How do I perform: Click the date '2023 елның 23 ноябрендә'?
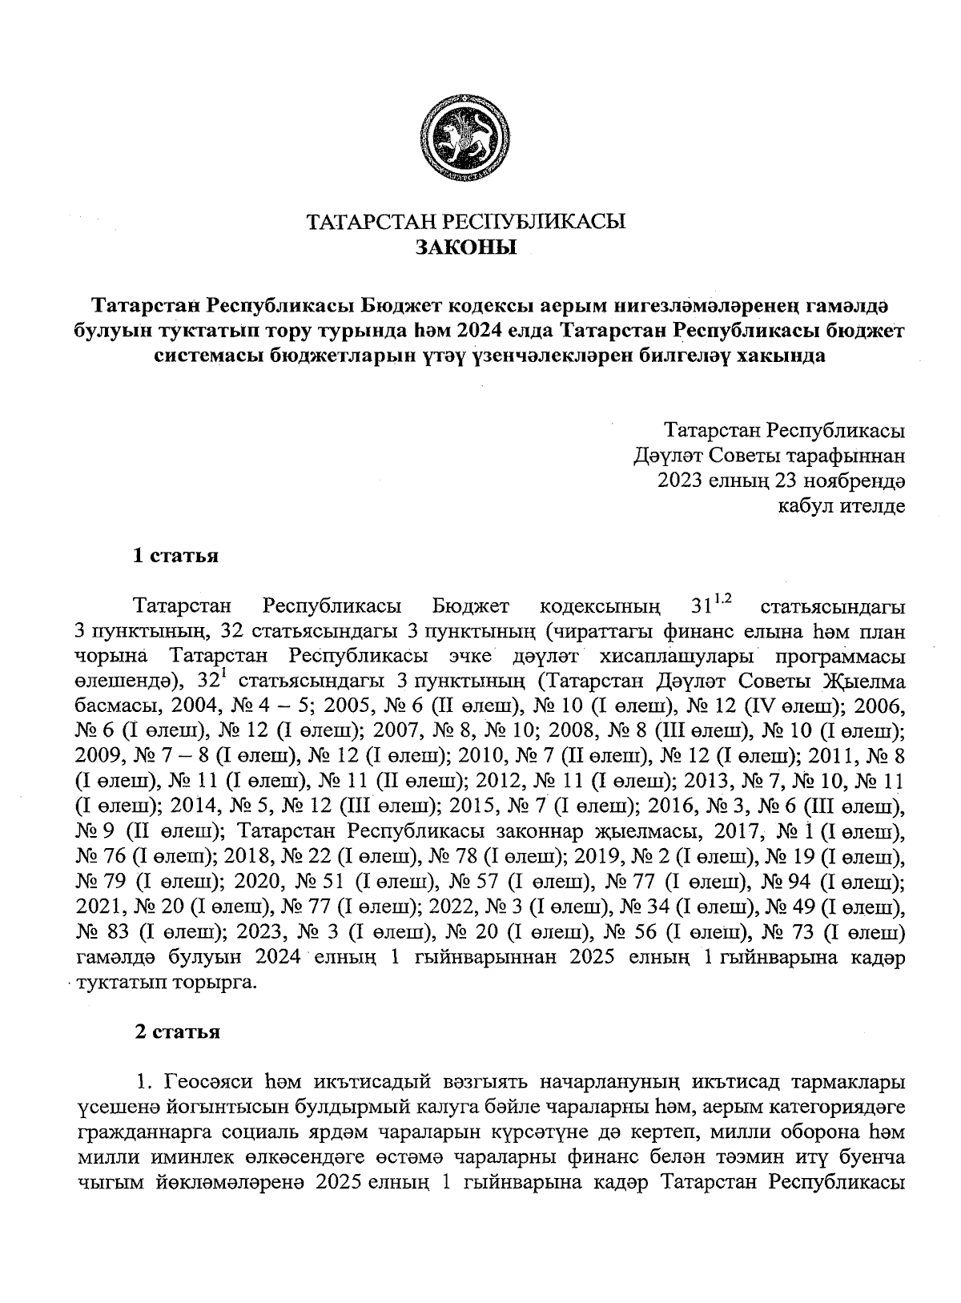(781, 481)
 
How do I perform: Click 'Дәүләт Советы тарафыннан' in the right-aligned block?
(769, 456)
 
